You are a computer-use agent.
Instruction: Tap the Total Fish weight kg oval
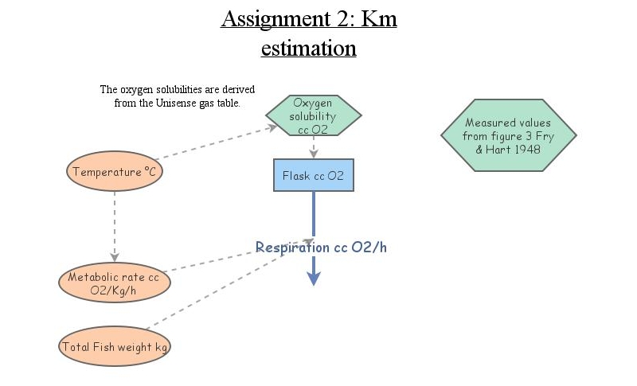[x=115, y=347]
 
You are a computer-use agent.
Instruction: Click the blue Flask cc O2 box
[x=313, y=176]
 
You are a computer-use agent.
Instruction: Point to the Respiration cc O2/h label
[x=321, y=248]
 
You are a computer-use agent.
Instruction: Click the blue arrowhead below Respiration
[x=314, y=277]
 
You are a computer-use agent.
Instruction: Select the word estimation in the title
[x=308, y=48]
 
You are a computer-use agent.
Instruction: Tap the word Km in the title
[x=379, y=19]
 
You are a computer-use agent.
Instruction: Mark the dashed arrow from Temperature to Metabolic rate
[x=115, y=227]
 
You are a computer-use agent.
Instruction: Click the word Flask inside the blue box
[x=296, y=176]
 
